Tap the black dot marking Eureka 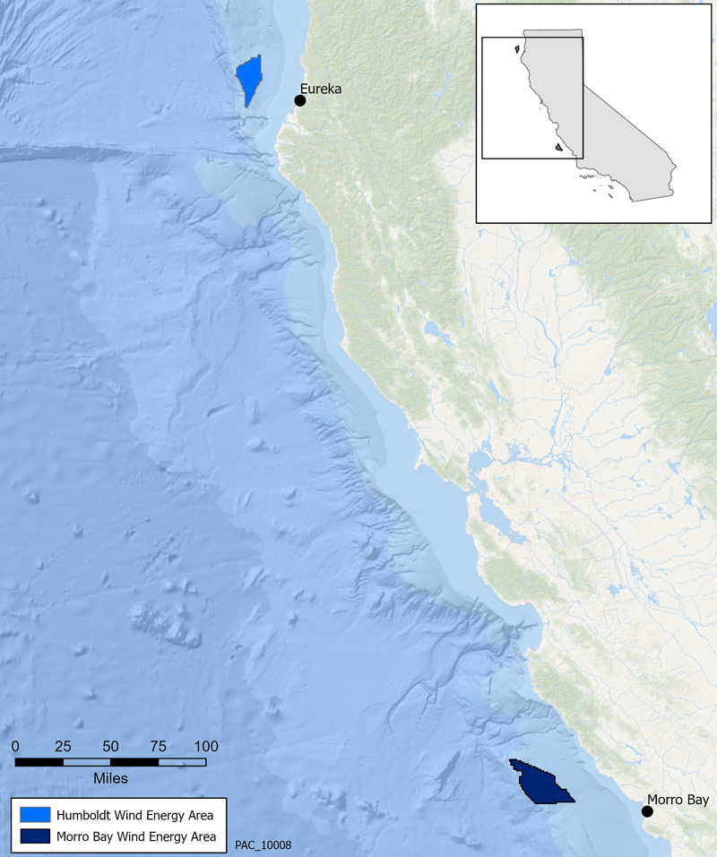[300, 100]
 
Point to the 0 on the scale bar [15, 746]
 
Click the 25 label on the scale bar [63, 746]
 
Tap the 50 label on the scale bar [110, 746]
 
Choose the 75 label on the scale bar [158, 746]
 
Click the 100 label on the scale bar [205, 746]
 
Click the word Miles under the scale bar [110, 777]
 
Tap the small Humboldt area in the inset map [519, 50]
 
